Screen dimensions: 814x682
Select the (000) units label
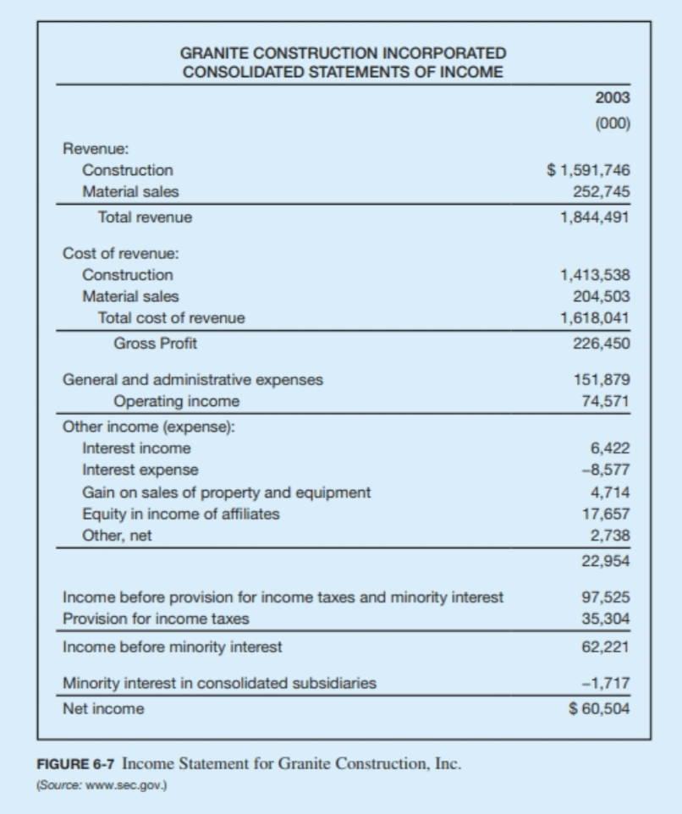(612, 123)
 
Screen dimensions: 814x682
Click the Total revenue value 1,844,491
(595, 217)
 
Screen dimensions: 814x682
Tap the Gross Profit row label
(155, 344)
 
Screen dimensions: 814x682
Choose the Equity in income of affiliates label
(180, 514)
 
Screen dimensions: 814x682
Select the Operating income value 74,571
(606, 401)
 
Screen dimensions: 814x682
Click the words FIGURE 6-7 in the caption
(75, 764)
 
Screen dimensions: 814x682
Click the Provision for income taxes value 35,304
(606, 619)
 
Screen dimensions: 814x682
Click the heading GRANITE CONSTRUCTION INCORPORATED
(343, 54)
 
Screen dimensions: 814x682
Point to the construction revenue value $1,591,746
(589, 170)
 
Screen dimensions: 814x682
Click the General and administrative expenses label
(193, 380)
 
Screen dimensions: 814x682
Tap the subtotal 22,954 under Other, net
(606, 560)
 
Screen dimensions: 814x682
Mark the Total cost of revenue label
(171, 318)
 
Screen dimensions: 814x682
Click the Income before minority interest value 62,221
(606, 647)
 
